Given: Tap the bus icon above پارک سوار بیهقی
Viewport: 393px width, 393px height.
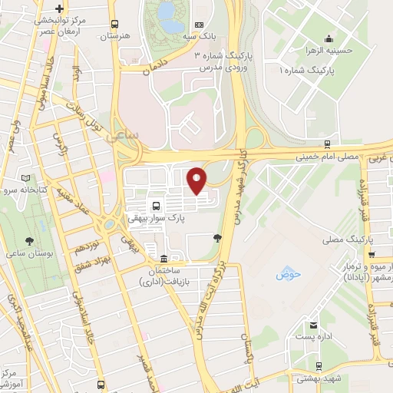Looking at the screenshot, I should pos(157,206).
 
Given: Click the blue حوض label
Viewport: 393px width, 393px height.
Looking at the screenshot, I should pos(288,274).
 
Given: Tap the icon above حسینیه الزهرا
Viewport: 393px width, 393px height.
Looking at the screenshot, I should pos(329,38).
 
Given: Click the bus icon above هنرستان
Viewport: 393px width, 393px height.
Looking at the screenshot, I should pos(115,24).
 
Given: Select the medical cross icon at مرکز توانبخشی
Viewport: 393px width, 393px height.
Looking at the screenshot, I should pos(60,8).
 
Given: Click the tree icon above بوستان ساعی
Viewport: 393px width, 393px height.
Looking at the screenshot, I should pos(28,240).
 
